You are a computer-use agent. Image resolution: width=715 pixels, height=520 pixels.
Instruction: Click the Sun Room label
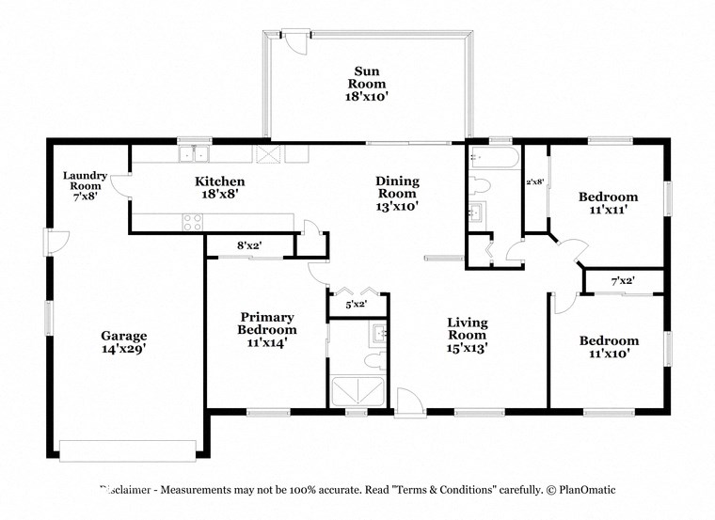(367, 83)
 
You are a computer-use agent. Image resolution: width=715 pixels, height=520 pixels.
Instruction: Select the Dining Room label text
(397, 193)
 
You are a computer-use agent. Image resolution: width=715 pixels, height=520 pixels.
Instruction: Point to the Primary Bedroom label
(267, 330)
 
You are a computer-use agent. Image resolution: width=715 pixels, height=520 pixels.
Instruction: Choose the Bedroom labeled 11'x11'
(608, 203)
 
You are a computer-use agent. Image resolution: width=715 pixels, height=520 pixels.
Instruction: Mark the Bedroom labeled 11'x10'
(608, 347)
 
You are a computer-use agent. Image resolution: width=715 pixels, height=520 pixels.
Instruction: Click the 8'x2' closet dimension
(249, 245)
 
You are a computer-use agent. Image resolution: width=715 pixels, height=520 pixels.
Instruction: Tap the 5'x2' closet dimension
(356, 304)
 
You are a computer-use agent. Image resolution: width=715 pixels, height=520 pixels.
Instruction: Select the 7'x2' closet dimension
(623, 281)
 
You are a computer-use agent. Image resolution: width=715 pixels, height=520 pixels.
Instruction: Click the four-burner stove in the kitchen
(192, 222)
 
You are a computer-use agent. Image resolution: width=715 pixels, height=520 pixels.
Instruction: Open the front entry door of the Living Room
(407, 402)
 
